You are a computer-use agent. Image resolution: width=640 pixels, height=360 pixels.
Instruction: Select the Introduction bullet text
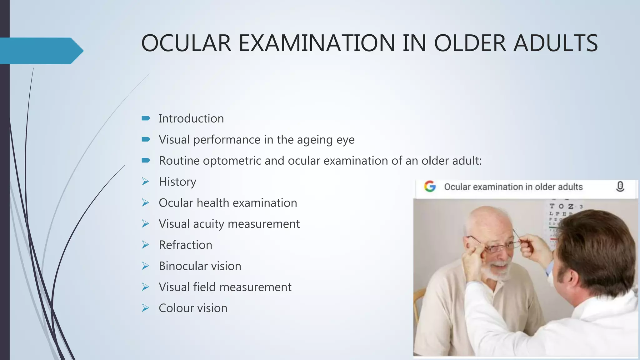click(191, 119)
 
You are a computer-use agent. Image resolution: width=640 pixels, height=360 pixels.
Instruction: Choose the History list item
click(177, 182)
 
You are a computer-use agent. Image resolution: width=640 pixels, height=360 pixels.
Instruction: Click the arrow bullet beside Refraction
click(145, 245)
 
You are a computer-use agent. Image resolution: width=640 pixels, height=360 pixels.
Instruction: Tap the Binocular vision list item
click(200, 266)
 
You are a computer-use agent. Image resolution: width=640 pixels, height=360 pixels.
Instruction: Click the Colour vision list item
click(193, 308)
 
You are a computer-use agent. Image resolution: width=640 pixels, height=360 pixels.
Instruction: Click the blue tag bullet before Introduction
click(146, 118)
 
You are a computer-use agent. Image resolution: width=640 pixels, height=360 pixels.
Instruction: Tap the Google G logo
click(430, 187)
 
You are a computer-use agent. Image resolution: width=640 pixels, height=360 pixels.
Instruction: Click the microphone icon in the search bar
click(620, 187)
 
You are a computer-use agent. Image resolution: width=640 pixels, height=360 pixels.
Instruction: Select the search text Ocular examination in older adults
click(513, 187)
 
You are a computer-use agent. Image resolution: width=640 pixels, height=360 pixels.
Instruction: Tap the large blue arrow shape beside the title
click(41, 51)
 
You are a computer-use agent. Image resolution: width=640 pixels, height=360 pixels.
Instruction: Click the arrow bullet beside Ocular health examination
click(145, 203)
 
